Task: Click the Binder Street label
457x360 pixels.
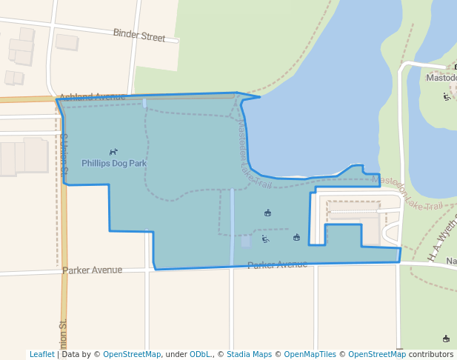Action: (139, 35)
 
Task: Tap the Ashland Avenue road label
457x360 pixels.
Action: (93, 97)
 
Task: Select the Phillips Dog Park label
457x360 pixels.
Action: (114, 163)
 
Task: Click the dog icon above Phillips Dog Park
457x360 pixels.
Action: (113, 152)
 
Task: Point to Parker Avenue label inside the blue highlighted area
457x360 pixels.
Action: (277, 264)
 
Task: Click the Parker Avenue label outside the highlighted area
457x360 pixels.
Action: (93, 270)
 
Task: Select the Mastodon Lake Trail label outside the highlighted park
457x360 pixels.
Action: (407, 193)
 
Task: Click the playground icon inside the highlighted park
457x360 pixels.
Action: (265, 239)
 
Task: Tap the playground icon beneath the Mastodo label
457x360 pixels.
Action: (447, 96)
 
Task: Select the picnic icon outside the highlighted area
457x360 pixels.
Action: (446, 339)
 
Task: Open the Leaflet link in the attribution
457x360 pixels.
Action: (42, 354)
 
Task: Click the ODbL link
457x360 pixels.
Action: (199, 354)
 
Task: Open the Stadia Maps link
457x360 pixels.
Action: (249, 354)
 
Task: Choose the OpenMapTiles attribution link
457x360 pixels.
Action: (310, 354)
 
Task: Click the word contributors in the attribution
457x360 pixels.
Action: (431, 354)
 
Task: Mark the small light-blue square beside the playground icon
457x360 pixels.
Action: (246, 241)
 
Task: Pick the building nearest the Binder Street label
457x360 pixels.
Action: (67, 42)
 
